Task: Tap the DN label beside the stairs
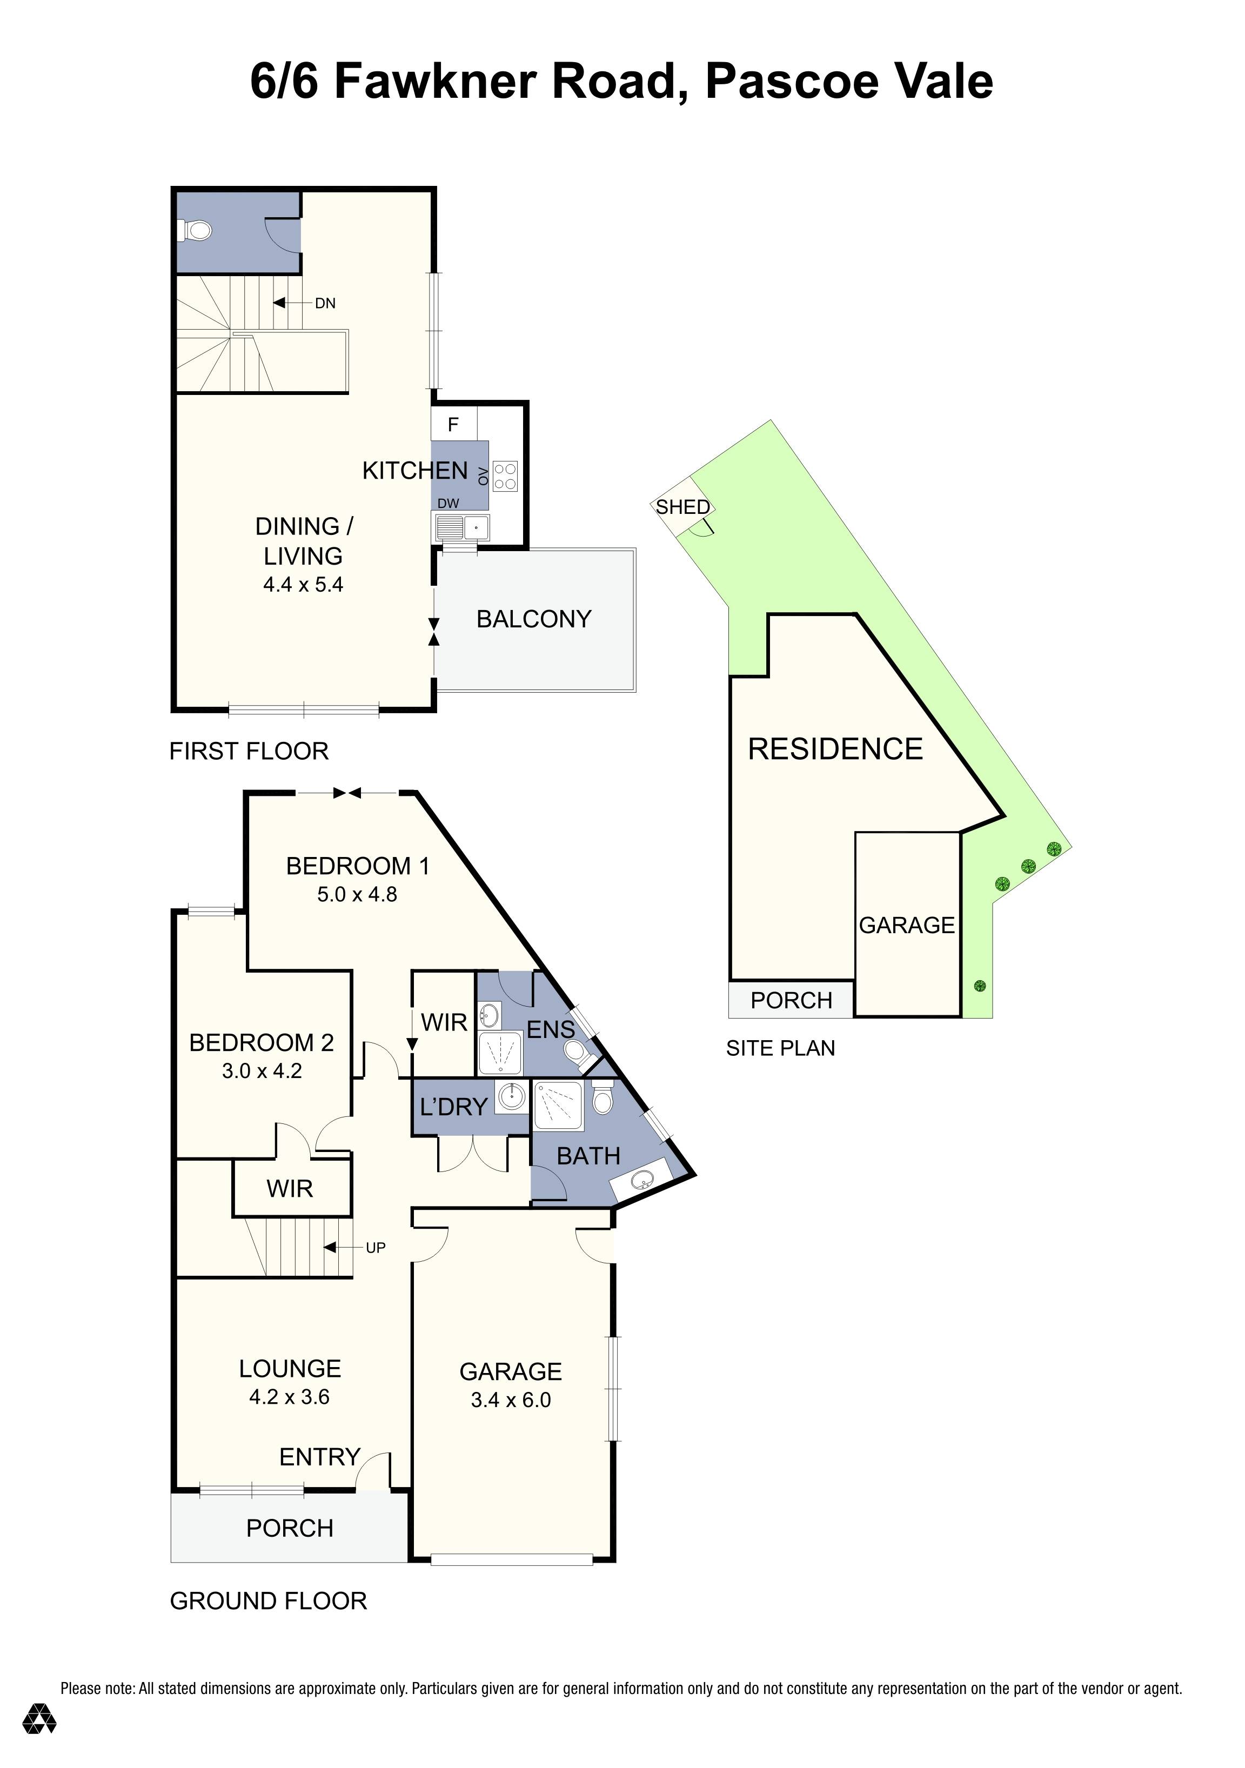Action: [325, 303]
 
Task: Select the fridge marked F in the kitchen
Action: [453, 424]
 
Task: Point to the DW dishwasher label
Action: [448, 504]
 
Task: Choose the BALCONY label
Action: [533, 619]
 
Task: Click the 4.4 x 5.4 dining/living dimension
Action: [303, 585]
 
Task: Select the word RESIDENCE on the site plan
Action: [835, 748]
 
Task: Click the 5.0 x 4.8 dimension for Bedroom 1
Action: [357, 894]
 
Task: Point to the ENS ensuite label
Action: [551, 1029]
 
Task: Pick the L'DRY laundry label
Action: [453, 1107]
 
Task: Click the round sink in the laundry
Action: [511, 1096]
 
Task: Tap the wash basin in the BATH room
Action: [640, 1178]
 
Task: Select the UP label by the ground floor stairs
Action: [376, 1248]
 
